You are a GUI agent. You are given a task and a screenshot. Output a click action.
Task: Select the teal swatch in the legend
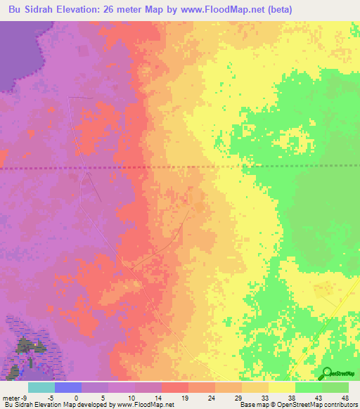click(41, 387)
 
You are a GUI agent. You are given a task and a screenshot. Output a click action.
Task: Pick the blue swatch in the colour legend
click(68, 387)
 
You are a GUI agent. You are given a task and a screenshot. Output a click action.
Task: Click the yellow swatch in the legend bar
click(281, 387)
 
